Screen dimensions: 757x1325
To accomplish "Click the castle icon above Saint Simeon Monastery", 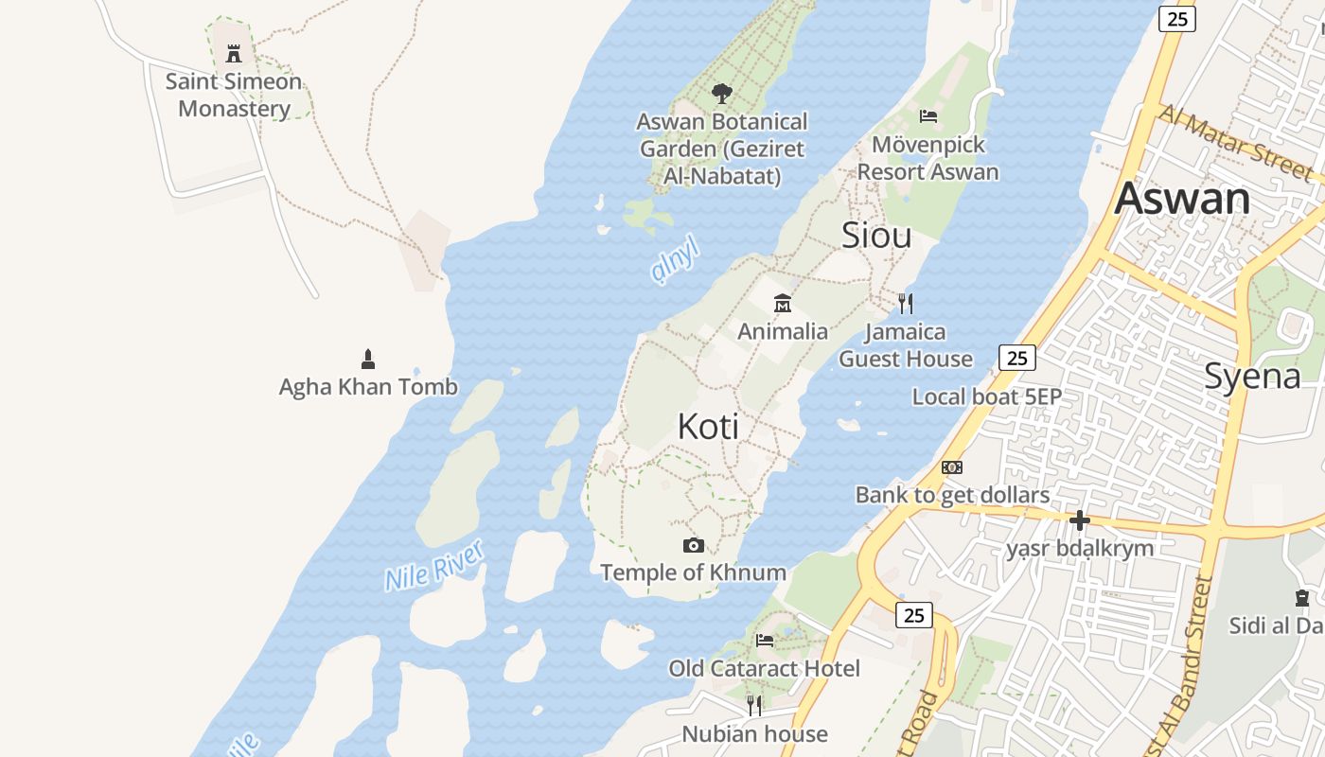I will (x=234, y=53).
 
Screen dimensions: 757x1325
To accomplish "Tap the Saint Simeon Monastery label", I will (x=234, y=95).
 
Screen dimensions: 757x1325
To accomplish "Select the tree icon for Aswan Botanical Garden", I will (x=722, y=94).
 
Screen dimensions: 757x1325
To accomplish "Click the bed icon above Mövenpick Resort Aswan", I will (x=928, y=116).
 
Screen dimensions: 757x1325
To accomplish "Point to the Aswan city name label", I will (x=1182, y=199).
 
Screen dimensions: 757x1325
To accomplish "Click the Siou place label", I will (x=876, y=236).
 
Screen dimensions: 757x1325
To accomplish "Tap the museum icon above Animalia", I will (x=783, y=304).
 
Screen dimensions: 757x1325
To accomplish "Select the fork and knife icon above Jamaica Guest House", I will (x=906, y=304).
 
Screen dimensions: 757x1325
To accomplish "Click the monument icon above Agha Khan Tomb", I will (x=368, y=360).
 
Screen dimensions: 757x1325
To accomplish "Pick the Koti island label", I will (x=708, y=427).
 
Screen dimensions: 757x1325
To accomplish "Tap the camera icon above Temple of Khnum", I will (x=694, y=546).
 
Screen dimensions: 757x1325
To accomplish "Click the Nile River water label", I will (x=434, y=566).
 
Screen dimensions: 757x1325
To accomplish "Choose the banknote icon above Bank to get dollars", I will (x=952, y=467).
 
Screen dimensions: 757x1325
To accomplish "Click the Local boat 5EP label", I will (x=987, y=396).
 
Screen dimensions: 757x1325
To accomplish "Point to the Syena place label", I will (x=1252, y=377).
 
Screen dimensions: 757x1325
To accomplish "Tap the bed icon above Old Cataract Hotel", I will (x=765, y=641).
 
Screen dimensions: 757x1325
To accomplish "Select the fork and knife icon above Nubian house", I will (x=754, y=706).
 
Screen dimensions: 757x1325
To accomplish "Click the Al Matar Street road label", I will (x=1235, y=142).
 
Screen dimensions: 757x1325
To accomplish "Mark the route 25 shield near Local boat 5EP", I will (x=1017, y=358).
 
